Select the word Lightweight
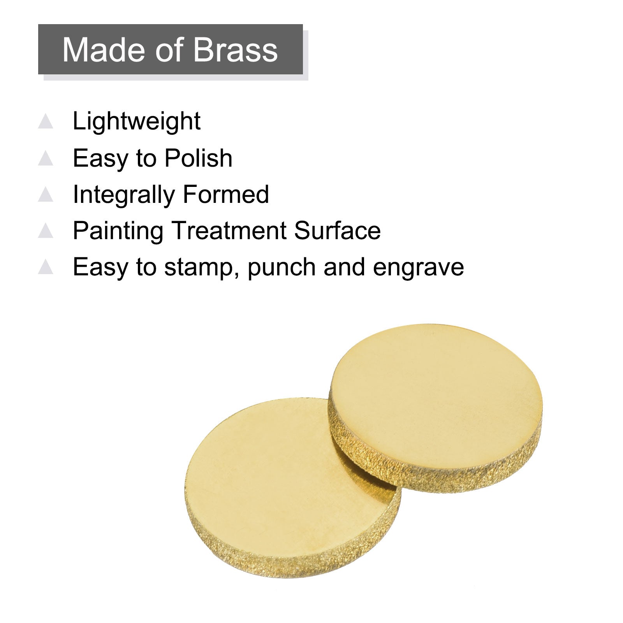137,122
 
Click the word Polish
199,158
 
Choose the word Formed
226,194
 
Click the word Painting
118,232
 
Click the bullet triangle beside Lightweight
46,121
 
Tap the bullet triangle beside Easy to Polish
46,158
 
